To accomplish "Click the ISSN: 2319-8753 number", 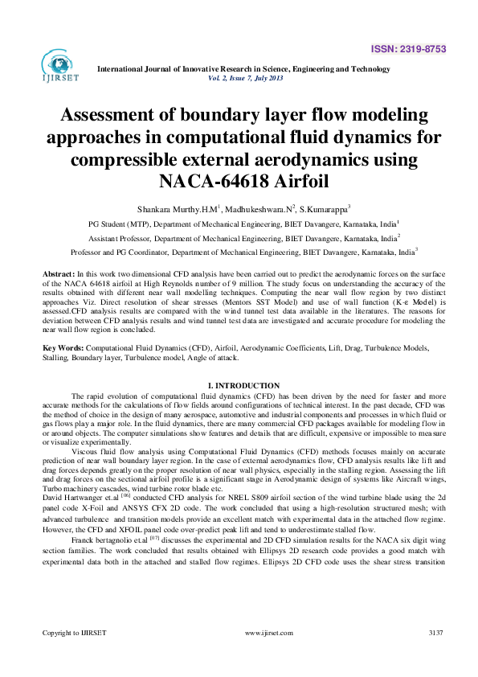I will click(417, 49).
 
